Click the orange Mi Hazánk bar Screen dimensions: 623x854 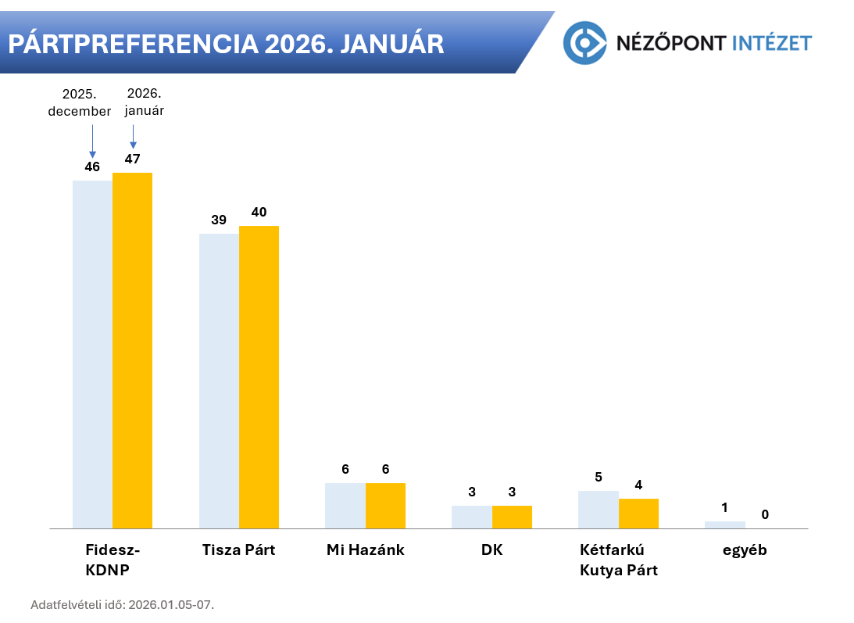tap(385, 505)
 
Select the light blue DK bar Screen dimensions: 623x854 tap(472, 517)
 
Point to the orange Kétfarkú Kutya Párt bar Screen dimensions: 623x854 tap(638, 513)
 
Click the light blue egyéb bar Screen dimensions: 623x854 tap(724, 525)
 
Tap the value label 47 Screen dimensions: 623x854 tap(132, 159)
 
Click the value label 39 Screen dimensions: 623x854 tap(219, 220)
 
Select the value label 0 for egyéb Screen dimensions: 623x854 tap(765, 514)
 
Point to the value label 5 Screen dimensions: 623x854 tap(599, 477)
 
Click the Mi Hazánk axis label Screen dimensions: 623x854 tap(366, 550)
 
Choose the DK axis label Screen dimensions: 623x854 tap(492, 550)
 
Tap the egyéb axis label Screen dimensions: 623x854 tap(745, 550)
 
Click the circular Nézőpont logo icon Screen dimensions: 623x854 tap(585, 42)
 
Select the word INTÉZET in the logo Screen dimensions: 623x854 tap(772, 42)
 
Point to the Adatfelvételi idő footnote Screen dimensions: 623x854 tap(122, 604)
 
